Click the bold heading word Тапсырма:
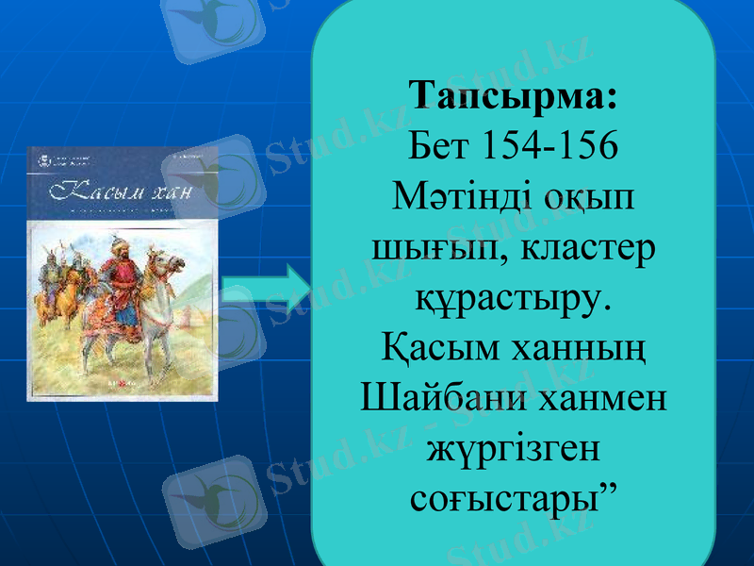pyautogui.click(x=514, y=96)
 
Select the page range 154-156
pyautogui.click(x=550, y=146)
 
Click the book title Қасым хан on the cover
pyautogui.click(x=123, y=192)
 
